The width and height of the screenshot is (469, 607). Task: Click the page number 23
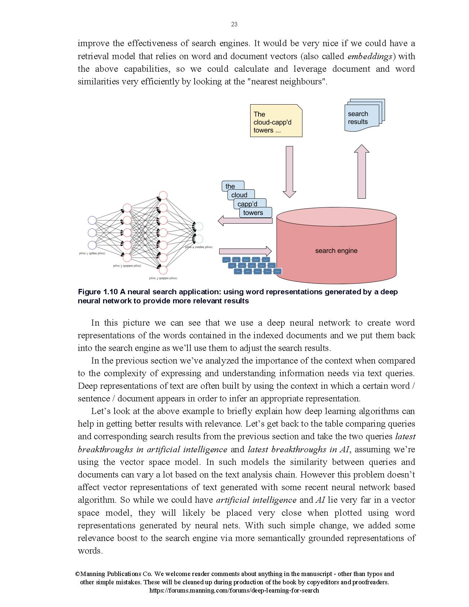(x=234, y=24)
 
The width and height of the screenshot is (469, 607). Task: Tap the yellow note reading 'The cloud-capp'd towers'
(x=276, y=121)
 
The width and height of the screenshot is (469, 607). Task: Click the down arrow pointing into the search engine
(x=289, y=171)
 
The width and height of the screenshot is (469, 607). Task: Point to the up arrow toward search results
(x=362, y=172)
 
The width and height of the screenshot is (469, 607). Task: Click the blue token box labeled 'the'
(x=231, y=186)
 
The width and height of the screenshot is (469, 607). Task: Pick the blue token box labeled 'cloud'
(x=240, y=195)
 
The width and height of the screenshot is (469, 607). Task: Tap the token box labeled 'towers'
(x=254, y=212)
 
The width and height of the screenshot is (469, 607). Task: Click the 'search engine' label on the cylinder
(x=336, y=251)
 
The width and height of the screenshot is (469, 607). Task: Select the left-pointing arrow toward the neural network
(x=245, y=220)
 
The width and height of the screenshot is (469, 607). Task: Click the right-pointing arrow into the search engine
(x=245, y=251)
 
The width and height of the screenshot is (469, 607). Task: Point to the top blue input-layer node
(x=92, y=220)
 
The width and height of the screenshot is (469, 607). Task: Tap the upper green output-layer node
(x=198, y=226)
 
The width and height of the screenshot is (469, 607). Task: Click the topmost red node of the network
(x=163, y=195)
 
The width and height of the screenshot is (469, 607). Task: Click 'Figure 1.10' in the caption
(x=98, y=292)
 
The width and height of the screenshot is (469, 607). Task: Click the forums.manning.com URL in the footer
(x=234, y=590)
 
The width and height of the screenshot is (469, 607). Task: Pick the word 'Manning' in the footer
(x=95, y=574)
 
